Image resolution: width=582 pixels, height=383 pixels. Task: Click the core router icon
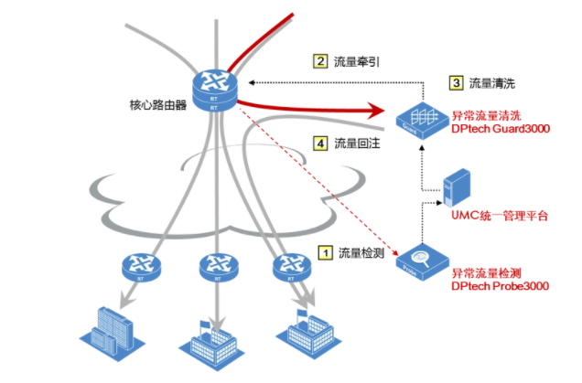(x=215, y=87)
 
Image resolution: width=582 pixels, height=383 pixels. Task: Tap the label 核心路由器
(x=157, y=104)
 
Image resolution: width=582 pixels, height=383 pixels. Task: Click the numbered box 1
(x=324, y=250)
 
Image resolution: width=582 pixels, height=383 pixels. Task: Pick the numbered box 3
(x=456, y=82)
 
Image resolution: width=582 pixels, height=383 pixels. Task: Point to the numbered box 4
(x=320, y=143)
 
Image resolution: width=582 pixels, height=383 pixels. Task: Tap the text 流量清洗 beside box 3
(x=492, y=83)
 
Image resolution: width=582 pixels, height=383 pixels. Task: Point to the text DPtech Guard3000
(x=498, y=130)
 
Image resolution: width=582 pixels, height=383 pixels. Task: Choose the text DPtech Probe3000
(x=498, y=285)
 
